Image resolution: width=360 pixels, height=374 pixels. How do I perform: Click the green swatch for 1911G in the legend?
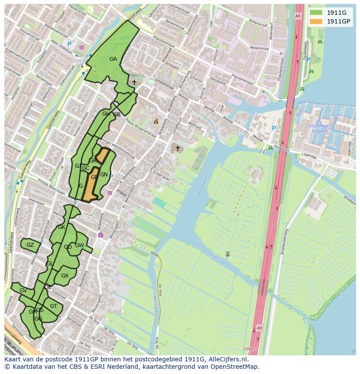click(316, 13)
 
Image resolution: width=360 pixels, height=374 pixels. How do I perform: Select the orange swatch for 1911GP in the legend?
click(316, 21)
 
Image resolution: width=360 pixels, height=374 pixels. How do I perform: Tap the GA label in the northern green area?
click(113, 59)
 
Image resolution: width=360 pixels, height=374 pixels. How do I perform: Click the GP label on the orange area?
click(94, 177)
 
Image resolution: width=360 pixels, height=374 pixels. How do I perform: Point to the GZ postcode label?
click(30, 245)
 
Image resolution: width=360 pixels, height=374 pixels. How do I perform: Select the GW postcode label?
click(79, 245)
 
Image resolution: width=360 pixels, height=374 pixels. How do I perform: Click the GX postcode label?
click(65, 276)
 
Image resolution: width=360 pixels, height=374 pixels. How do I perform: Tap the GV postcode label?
click(23, 291)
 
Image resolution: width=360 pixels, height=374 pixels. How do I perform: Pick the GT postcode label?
click(53, 306)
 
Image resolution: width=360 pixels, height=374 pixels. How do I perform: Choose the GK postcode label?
click(61, 227)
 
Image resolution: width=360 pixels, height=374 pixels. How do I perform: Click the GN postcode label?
click(104, 175)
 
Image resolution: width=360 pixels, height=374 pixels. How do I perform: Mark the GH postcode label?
click(106, 114)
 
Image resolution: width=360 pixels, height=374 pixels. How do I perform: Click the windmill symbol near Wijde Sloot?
click(227, 254)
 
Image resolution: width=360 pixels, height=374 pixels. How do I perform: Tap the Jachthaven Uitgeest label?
click(320, 128)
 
